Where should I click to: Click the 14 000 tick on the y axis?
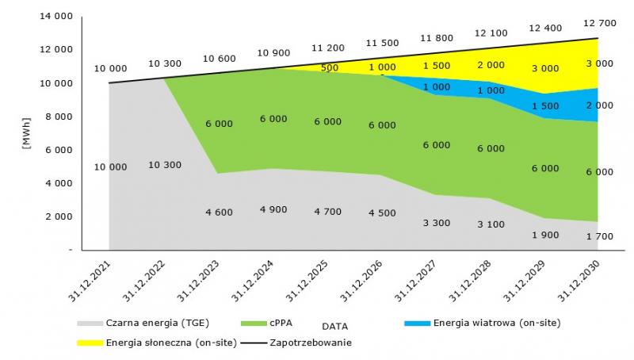(56, 16)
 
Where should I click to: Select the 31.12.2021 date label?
(90, 281)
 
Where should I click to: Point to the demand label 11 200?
(327, 48)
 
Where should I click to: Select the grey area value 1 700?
(600, 236)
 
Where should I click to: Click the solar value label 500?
(330, 68)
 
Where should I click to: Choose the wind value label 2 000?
(600, 105)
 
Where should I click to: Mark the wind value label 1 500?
(545, 106)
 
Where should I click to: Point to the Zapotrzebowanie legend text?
(311, 343)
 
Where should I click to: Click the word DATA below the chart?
(334, 326)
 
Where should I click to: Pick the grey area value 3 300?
(437, 223)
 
